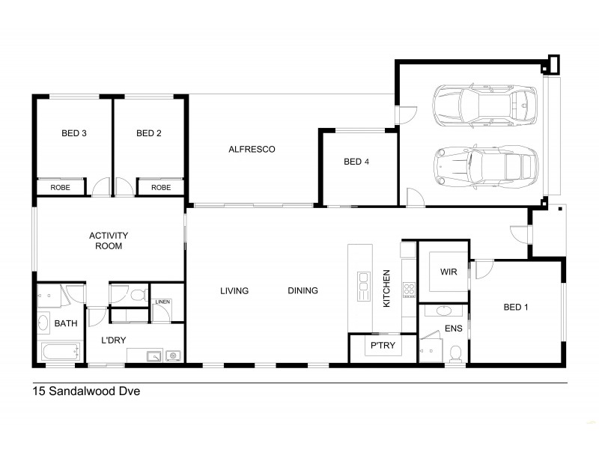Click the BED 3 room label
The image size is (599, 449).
point(73,134)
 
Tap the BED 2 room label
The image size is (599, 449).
point(149,134)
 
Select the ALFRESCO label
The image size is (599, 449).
point(252,149)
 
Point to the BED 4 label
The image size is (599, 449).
point(356,162)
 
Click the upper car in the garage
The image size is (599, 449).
point(485,107)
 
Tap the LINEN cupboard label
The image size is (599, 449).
point(162,302)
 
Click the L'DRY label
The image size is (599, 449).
point(113,340)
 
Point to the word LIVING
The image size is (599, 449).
point(234,290)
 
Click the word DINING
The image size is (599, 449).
point(302,290)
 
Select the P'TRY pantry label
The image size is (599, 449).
point(383,346)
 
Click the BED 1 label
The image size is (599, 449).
point(515,306)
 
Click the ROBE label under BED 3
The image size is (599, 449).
point(61,187)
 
